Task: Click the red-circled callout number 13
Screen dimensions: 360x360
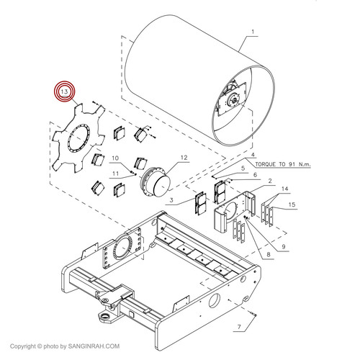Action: [64, 91]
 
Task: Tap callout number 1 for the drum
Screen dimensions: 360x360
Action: [253, 32]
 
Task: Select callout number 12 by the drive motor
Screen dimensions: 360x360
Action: [184, 158]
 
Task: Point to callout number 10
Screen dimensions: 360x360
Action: [115, 158]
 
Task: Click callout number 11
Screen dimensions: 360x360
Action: [116, 174]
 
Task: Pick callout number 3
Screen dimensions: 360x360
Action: [171, 200]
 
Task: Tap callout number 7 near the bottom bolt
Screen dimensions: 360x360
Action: [239, 327]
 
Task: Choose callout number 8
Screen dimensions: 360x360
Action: [269, 254]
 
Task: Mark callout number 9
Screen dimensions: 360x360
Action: [284, 247]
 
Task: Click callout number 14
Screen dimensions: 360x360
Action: [284, 189]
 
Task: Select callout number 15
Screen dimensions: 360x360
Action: [292, 204]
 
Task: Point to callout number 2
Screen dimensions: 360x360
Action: [270, 181]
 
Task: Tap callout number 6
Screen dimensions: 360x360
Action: [255, 175]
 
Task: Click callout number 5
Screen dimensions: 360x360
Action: [243, 168]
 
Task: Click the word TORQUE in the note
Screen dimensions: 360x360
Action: [265, 164]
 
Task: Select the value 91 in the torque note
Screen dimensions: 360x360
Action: [292, 164]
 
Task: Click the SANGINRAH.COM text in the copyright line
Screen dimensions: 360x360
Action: [94, 346]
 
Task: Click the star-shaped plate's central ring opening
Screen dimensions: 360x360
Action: [78, 138]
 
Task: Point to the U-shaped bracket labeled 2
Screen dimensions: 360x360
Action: [235, 212]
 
